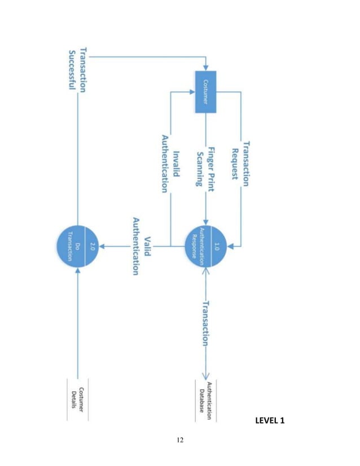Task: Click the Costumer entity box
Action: [x=205, y=92]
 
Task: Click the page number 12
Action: [x=180, y=439]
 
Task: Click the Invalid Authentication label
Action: [x=170, y=164]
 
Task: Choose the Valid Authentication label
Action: [x=141, y=246]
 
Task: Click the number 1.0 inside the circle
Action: [x=216, y=246]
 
